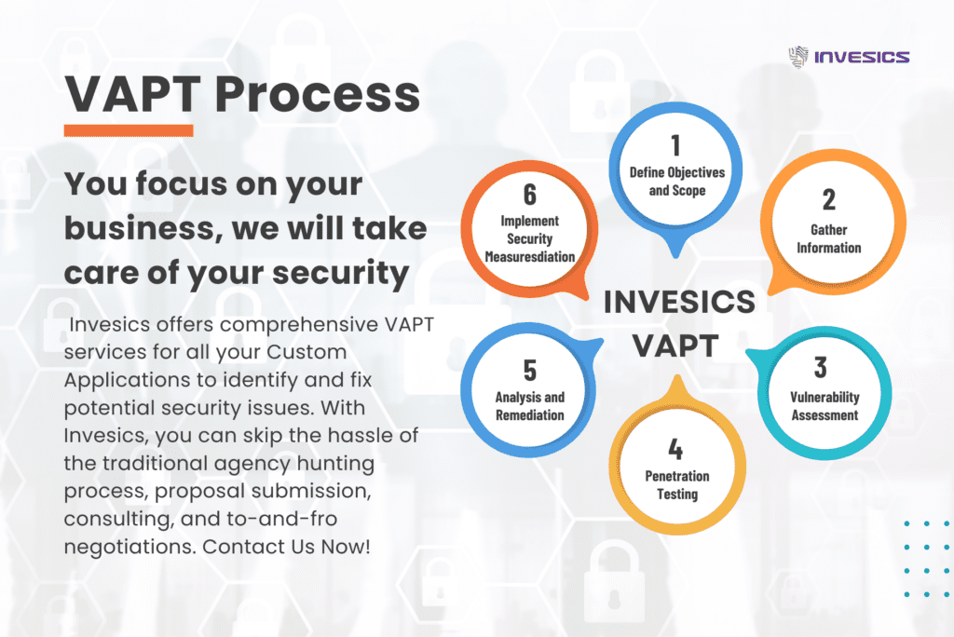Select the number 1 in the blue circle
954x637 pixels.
tap(675, 146)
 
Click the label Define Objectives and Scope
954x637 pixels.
tap(676, 182)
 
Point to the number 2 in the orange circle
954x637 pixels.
tap(828, 199)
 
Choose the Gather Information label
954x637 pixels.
tap(828, 238)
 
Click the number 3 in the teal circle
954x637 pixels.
tap(820, 367)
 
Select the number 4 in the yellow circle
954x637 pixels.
tap(676, 450)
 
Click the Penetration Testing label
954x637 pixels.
tap(677, 485)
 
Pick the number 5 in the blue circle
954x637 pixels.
tap(529, 370)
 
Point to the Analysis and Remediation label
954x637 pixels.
tap(529, 407)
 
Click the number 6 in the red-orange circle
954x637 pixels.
tap(529, 194)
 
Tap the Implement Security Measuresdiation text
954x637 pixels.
tap(529, 238)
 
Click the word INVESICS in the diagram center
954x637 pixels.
tap(679, 302)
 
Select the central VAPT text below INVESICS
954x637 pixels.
tap(676, 345)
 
